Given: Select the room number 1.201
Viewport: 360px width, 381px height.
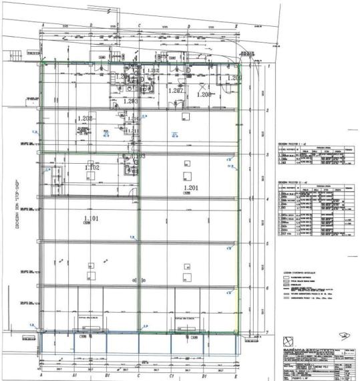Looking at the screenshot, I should [x=192, y=188].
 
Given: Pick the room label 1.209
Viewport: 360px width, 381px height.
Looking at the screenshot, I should [x=233, y=78].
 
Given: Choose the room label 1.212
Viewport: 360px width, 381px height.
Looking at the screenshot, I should [x=152, y=71].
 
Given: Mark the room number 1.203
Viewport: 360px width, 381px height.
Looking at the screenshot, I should [x=131, y=101].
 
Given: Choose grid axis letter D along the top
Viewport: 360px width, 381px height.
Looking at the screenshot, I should [x=188, y=26].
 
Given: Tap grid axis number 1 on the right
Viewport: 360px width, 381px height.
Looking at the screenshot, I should [x=268, y=67].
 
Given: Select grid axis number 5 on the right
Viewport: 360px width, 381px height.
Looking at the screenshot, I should [x=268, y=243].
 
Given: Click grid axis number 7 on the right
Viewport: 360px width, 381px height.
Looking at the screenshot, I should [x=268, y=332].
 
